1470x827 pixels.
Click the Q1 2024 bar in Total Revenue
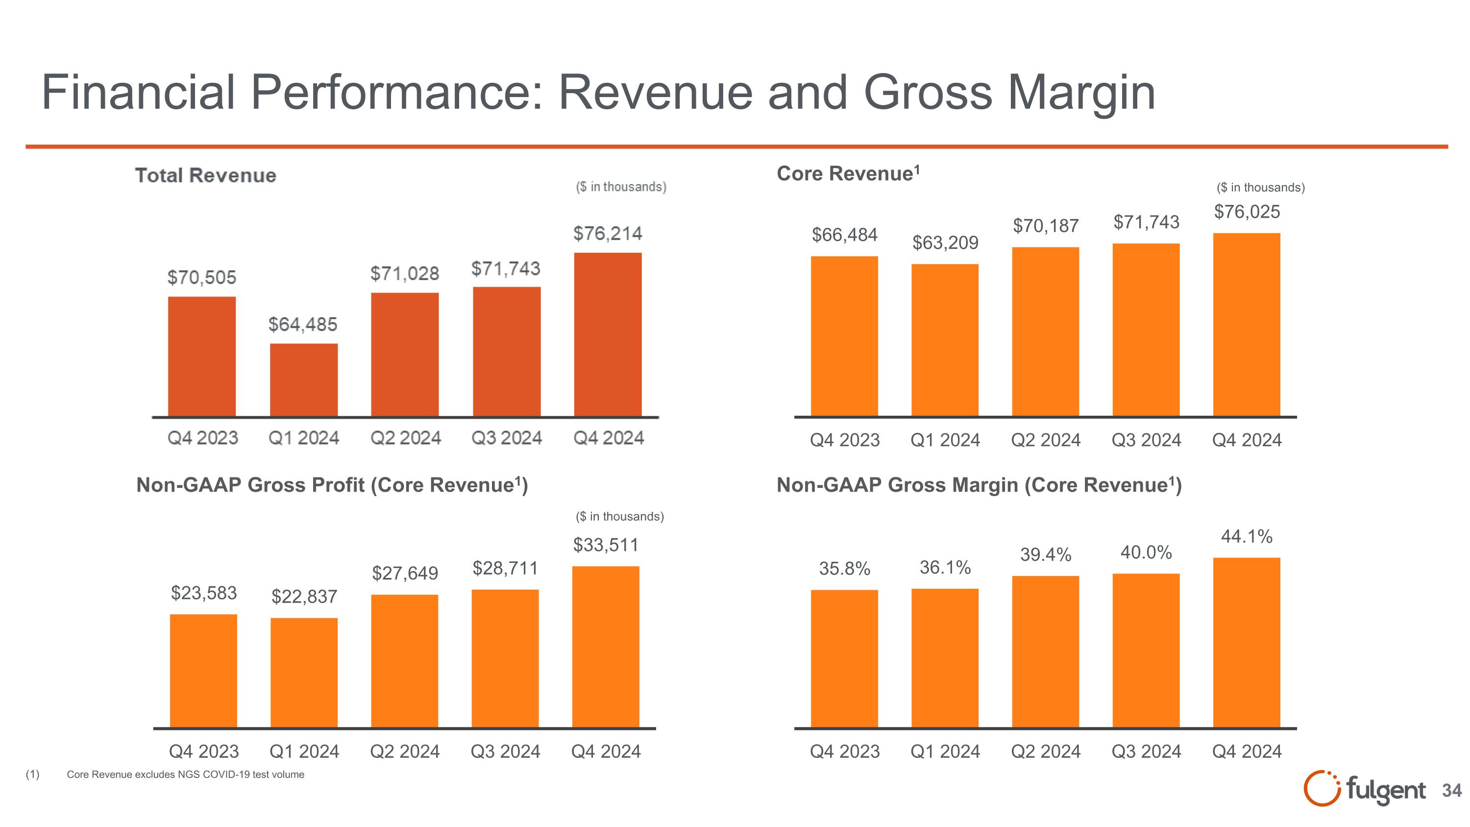(304, 379)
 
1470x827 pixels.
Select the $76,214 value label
(607, 233)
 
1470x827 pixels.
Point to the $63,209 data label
(945, 243)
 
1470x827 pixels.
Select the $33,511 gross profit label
(606, 545)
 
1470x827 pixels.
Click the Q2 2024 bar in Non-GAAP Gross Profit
(405, 661)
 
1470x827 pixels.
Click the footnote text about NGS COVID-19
(185, 775)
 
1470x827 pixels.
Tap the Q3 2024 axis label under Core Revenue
(1146, 440)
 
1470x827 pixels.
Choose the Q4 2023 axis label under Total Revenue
(202, 438)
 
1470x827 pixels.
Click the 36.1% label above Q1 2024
(945, 567)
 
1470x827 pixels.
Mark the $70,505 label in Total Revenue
(201, 277)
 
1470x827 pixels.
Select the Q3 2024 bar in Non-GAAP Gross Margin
(1146, 651)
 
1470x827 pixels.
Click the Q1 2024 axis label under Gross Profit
(304, 751)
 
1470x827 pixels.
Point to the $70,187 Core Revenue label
(1046, 226)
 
